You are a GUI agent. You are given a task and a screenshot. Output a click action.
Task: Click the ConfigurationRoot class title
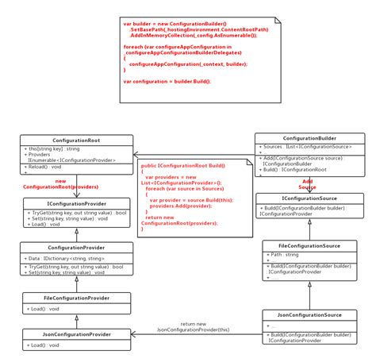click(76, 140)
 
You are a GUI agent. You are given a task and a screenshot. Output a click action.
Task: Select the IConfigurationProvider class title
click(76, 204)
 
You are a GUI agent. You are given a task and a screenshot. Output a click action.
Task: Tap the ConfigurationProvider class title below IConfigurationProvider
click(76, 248)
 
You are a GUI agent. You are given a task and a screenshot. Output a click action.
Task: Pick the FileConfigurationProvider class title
click(76, 298)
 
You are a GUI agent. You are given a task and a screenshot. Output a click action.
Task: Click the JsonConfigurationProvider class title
click(76, 334)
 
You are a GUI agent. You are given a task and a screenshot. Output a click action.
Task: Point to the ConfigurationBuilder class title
click(310, 137)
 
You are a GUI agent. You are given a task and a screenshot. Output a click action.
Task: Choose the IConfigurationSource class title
click(310, 198)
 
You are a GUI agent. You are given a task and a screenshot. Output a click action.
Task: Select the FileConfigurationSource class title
click(310, 245)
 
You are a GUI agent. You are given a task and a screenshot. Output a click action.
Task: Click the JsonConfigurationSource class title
click(310, 315)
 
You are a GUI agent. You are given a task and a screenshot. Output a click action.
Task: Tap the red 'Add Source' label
click(308, 184)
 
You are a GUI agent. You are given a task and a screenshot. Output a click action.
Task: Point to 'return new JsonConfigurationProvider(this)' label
click(194, 326)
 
